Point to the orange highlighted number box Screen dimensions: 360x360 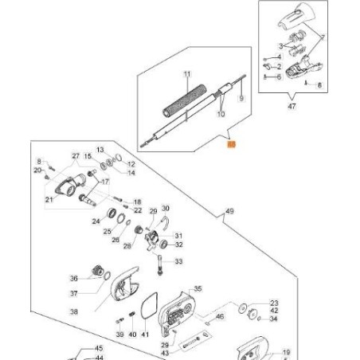pos(232,145)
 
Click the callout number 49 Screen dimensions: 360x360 pos(231,211)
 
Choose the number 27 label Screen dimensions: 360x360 pos(76,155)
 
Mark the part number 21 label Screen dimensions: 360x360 pos(49,200)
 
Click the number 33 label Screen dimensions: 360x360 pos(178,261)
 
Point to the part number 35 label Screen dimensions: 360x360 pos(198,289)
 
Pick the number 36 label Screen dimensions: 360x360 pos(73,278)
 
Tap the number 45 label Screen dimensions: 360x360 pos(100,348)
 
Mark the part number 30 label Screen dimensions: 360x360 pos(166,209)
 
